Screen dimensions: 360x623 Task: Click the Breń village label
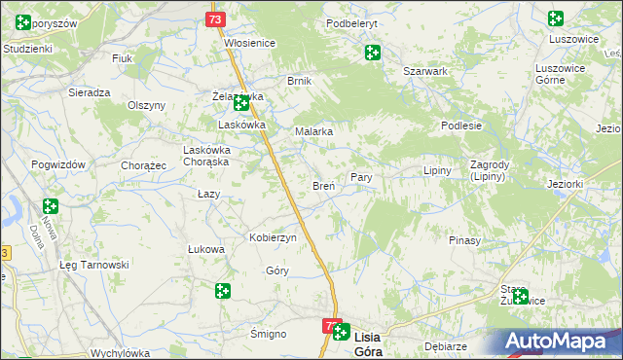pyautogui.click(x=323, y=185)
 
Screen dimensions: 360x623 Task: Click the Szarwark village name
pyautogui.click(x=425, y=71)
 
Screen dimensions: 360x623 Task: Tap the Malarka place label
pyautogui.click(x=314, y=130)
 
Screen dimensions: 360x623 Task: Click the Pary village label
pyautogui.click(x=361, y=178)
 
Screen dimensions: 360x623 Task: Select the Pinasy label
pyautogui.click(x=465, y=239)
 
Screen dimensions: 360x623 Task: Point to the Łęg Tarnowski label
pyautogui.click(x=94, y=265)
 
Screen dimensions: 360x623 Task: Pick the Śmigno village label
pyautogui.click(x=268, y=334)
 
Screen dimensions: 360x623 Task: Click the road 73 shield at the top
pyautogui.click(x=216, y=18)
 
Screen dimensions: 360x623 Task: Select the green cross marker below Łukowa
pyautogui.click(x=223, y=290)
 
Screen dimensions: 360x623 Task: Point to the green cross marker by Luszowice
pyautogui.click(x=556, y=18)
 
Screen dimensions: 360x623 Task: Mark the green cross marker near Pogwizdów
pyautogui.click(x=51, y=206)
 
